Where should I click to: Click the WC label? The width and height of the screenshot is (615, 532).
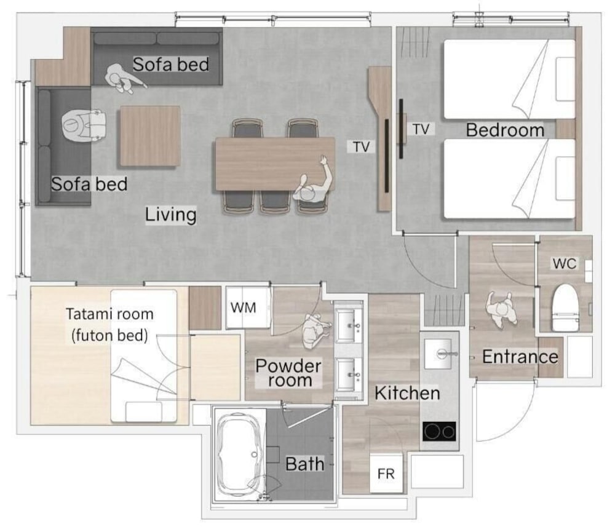(565, 263)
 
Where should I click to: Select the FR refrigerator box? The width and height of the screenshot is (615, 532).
(386, 474)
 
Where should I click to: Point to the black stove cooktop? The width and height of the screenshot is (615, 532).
(439, 432)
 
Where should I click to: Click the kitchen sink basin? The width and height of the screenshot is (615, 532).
(440, 354)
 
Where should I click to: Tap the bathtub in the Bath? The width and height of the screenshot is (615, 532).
(239, 455)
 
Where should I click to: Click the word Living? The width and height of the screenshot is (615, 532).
(170, 215)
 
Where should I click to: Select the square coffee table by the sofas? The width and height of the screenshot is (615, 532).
(150, 136)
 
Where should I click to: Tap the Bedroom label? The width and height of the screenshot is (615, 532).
(505, 130)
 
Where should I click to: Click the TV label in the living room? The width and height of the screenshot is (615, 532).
(361, 147)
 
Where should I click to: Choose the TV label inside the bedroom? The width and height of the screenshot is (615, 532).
(421, 129)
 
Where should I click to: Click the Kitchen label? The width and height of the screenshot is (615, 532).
(407, 393)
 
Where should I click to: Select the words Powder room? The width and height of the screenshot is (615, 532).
(288, 373)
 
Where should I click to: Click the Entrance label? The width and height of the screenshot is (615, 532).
(520, 357)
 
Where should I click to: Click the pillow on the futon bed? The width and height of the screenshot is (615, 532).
(143, 411)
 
